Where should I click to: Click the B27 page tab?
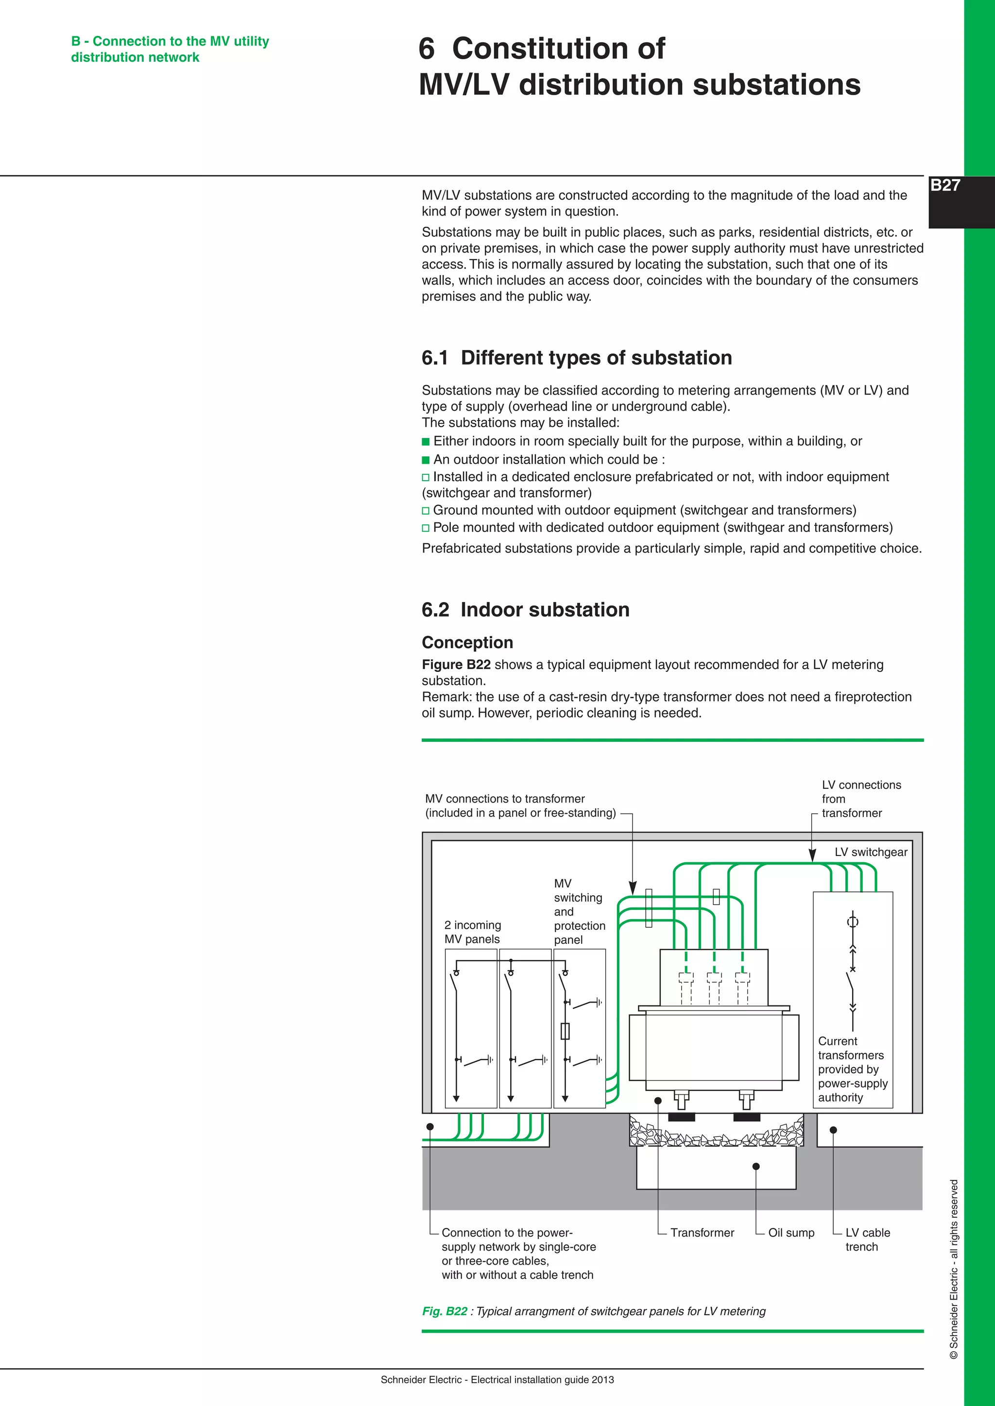tap(945, 185)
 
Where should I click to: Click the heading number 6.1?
tap(434, 358)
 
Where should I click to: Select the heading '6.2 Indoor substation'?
tap(525, 609)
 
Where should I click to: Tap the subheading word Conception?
tap(467, 642)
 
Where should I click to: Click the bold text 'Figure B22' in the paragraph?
tap(456, 665)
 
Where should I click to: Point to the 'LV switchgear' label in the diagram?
tap(871, 852)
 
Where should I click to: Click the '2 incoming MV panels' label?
tap(472, 932)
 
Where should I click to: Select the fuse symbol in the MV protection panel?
tap(565, 1031)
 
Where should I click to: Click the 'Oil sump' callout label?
tap(791, 1233)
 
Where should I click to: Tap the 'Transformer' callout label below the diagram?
tap(702, 1233)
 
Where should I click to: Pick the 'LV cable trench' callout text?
tap(867, 1239)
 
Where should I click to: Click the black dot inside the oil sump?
tap(756, 1167)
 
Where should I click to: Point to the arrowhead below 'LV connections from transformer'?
tap(812, 855)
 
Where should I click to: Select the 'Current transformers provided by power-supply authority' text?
tap(852, 1069)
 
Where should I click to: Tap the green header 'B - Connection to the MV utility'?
tap(170, 41)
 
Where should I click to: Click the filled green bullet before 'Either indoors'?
tap(426, 441)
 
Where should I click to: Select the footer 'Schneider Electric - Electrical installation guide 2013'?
tap(497, 1380)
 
